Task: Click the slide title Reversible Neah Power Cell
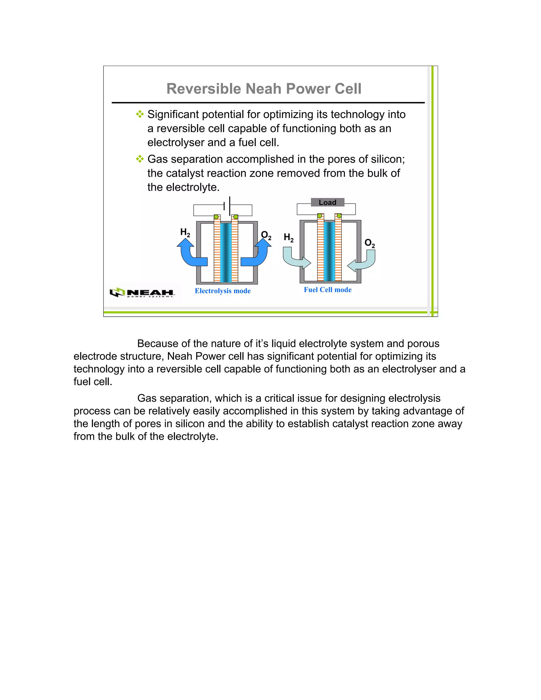tap(264, 89)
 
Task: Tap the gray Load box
tap(328, 203)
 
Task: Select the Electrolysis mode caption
tap(223, 291)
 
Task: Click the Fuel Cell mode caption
tap(328, 290)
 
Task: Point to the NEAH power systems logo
tap(142, 292)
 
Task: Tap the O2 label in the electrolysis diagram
tap(266, 236)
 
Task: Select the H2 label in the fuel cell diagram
tap(289, 238)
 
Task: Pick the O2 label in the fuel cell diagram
tap(370, 243)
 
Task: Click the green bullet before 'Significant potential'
tap(140, 114)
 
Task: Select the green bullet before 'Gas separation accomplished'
tap(140, 159)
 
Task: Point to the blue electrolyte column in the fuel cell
tap(329, 251)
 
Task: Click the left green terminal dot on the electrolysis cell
tap(216, 217)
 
